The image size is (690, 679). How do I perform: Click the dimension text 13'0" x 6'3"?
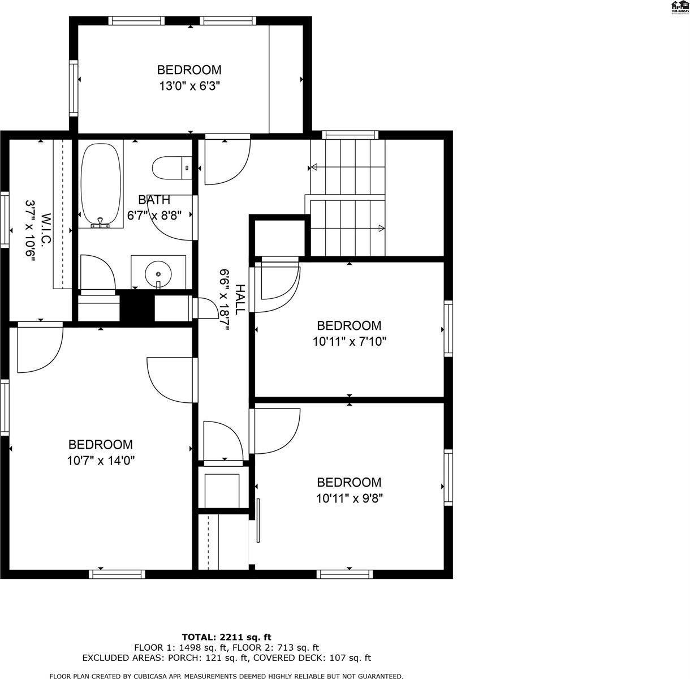click(189, 87)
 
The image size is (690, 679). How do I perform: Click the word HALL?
click(240, 299)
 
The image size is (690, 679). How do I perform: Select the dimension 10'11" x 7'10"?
click(349, 342)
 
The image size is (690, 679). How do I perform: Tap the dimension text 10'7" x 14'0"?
click(101, 461)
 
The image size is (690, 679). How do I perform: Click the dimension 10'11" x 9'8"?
click(349, 498)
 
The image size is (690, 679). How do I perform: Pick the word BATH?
click(154, 200)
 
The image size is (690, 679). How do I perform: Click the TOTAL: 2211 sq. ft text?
click(230, 637)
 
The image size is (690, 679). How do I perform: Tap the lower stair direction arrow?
click(381, 229)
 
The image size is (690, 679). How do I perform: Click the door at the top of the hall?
click(226, 160)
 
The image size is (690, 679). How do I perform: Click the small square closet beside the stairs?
click(280, 238)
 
